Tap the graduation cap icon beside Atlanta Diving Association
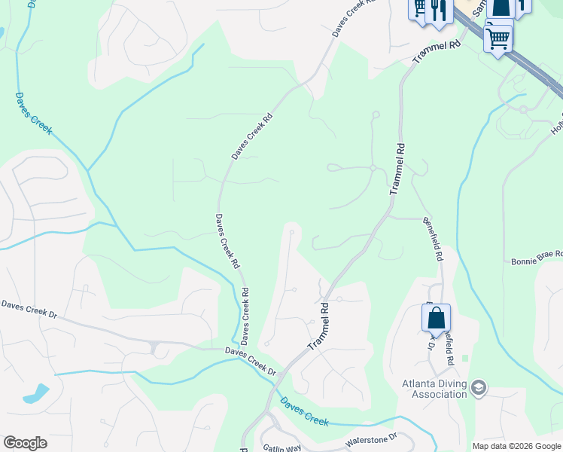pyautogui.click(x=479, y=388)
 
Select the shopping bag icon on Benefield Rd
pyautogui.click(x=437, y=319)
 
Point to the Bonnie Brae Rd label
pyautogui.click(x=537, y=258)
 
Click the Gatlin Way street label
pyautogui.click(x=281, y=447)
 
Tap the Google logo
pyautogui.click(x=25, y=443)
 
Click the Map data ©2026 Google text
pyautogui.click(x=516, y=446)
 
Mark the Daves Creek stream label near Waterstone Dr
pyautogui.click(x=304, y=411)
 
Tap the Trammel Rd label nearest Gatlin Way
pyautogui.click(x=319, y=326)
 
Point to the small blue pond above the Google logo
pyautogui.click(x=35, y=394)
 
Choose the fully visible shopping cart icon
pyautogui.click(x=498, y=36)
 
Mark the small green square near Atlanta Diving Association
pyautogui.click(x=464, y=358)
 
